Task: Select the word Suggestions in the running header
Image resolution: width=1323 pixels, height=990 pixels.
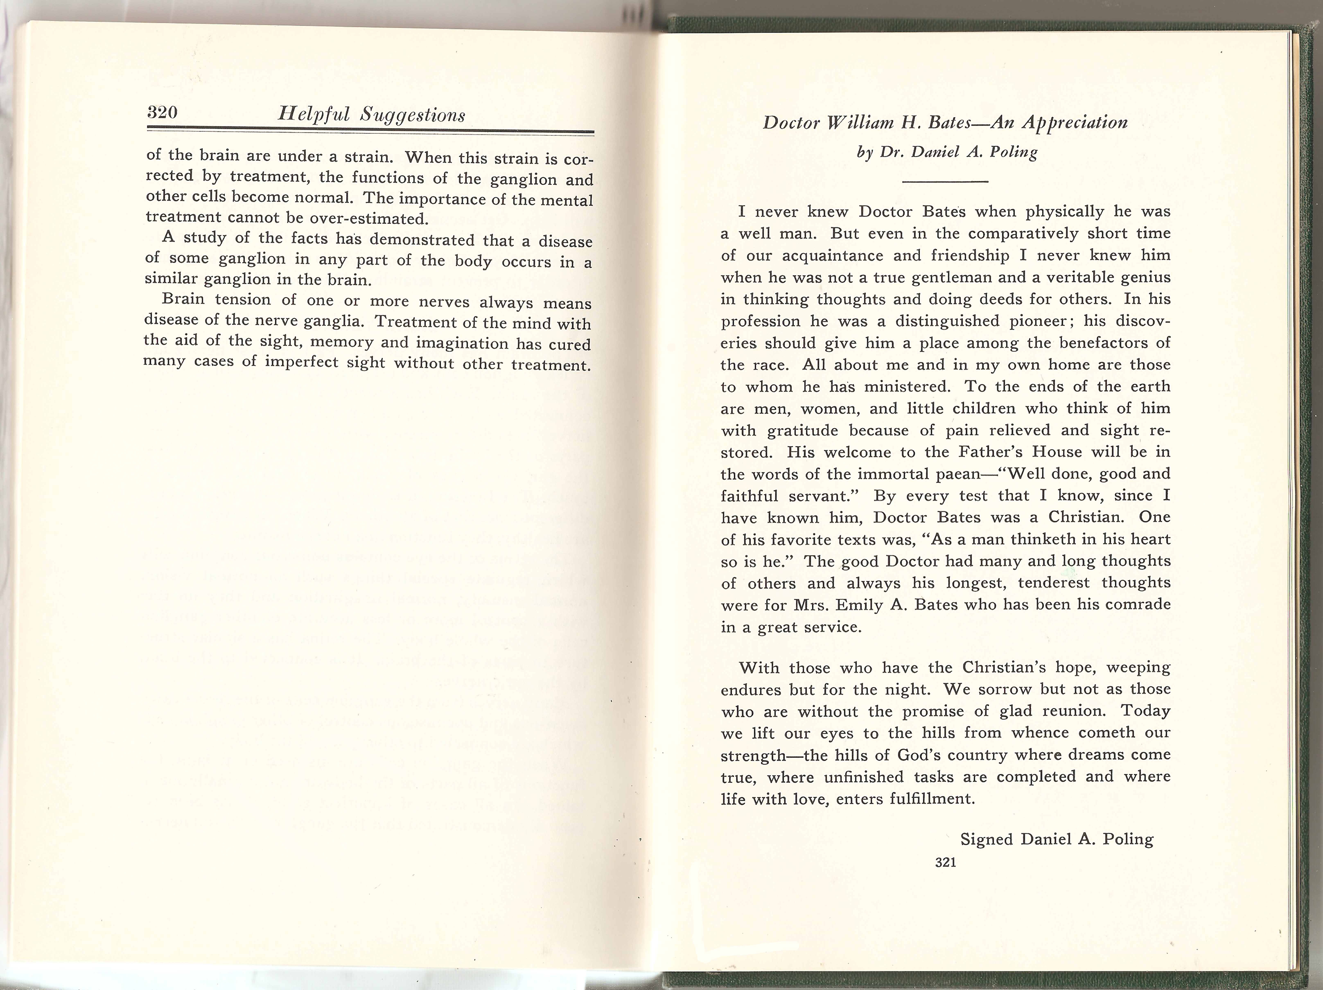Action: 413,116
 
